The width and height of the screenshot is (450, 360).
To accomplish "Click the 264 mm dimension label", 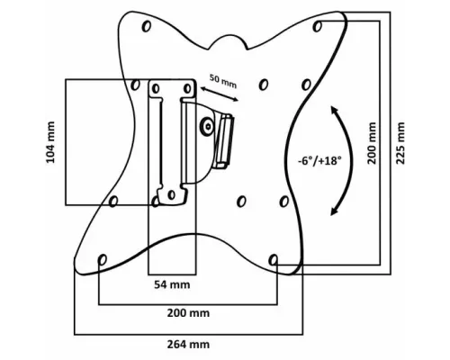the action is (x=188, y=344).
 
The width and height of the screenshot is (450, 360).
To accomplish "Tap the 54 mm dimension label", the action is (x=172, y=284).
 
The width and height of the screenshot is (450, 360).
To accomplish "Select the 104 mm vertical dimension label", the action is (x=50, y=142).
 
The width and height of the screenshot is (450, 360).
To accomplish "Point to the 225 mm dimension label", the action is (x=400, y=143).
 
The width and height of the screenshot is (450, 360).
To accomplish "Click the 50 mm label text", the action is (x=223, y=82).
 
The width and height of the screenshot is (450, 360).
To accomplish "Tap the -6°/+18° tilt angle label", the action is (x=319, y=161).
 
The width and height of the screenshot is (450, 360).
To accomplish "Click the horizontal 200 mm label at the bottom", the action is (x=188, y=313).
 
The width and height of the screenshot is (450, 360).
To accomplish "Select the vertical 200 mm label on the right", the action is (x=372, y=143).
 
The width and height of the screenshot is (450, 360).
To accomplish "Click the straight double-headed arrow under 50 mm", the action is (x=220, y=94).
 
